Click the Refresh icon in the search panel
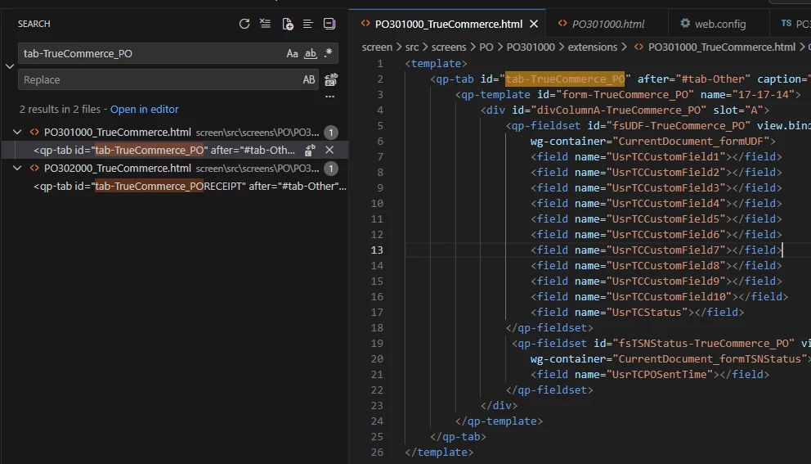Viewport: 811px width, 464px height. (244, 24)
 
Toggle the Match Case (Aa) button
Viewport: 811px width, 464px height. (292, 53)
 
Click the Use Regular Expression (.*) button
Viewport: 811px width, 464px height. (328, 53)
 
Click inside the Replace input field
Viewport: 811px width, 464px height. (160, 79)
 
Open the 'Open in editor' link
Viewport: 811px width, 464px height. (145, 110)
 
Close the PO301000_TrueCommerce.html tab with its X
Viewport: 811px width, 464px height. (534, 24)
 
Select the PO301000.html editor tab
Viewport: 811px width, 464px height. (607, 24)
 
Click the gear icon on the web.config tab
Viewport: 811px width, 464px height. (685, 23)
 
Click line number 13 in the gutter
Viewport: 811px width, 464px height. (377, 250)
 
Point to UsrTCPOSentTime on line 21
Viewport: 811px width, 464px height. (660, 375)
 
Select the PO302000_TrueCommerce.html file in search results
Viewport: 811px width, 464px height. (118, 169)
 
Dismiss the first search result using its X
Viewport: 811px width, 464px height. (329, 151)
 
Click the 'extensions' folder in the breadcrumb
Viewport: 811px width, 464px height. (593, 47)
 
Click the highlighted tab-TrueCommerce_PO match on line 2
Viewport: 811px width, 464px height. (565, 79)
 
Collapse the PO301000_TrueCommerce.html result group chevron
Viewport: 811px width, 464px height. (17, 132)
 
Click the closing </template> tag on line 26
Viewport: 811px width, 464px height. (439, 452)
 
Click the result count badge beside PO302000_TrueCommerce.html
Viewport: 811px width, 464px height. (331, 169)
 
